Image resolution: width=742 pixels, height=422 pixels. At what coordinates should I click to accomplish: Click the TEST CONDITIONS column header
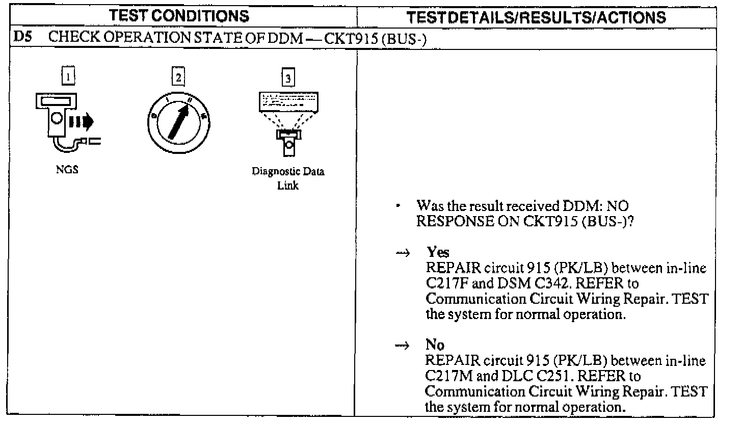[x=179, y=16]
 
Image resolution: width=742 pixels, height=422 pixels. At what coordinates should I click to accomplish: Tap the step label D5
[x=19, y=39]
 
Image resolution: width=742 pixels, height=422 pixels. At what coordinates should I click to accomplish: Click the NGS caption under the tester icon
[x=67, y=171]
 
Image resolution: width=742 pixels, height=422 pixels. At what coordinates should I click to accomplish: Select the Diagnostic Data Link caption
[x=288, y=178]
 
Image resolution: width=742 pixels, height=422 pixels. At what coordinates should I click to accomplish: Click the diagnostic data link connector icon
[x=288, y=140]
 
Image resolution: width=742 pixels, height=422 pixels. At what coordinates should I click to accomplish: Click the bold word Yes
[x=438, y=253]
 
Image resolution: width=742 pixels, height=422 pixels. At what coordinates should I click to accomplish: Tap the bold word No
[x=435, y=345]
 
